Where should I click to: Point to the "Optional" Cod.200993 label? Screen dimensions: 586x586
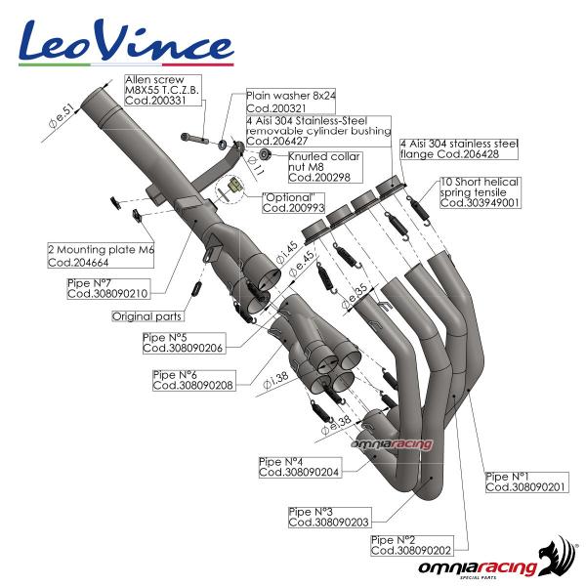tap(299, 202)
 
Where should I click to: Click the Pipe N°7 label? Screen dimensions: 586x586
tap(107, 288)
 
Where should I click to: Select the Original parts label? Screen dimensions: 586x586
tap(146, 316)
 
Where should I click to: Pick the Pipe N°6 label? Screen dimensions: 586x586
tap(191, 380)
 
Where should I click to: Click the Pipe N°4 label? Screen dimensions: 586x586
tap(297, 466)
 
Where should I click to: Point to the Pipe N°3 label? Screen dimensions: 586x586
tap(327, 516)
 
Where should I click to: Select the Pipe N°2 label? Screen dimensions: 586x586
tap(409, 544)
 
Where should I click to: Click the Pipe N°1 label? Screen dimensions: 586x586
tap(523, 481)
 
